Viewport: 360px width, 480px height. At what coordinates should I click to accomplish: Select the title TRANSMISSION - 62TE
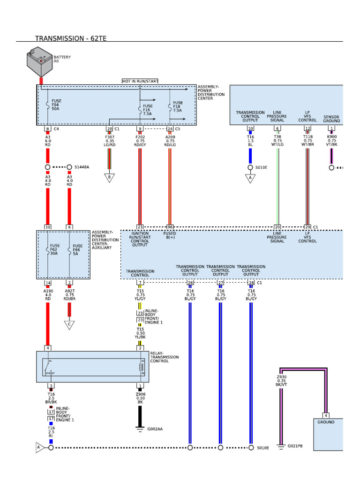(70, 38)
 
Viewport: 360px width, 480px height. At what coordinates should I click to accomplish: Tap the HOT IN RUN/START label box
(140, 81)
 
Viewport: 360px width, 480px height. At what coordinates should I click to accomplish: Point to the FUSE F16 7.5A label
(148, 110)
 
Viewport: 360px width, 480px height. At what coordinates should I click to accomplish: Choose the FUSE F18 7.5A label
(178, 106)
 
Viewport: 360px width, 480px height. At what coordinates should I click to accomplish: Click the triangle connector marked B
(109, 178)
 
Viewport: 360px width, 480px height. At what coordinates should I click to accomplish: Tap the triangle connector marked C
(69, 325)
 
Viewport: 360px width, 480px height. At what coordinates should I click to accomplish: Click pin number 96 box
(170, 227)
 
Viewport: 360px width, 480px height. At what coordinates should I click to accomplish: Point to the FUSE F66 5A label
(78, 249)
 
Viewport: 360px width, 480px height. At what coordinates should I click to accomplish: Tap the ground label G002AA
(156, 428)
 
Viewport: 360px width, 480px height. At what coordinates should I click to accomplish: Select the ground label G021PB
(295, 446)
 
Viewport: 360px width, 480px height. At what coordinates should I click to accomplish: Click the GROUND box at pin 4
(326, 422)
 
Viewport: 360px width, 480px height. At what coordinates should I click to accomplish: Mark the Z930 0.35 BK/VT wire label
(281, 381)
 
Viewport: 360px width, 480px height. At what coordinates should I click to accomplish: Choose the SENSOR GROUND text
(331, 119)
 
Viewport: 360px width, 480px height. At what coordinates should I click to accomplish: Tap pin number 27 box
(220, 283)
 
